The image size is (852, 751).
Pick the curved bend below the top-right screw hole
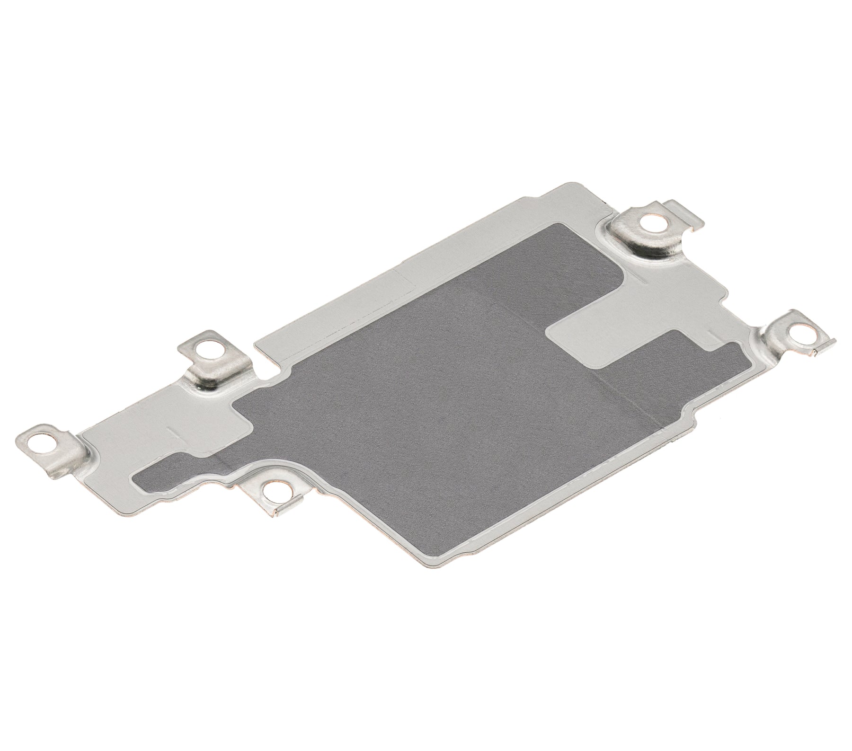coord(634,246)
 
